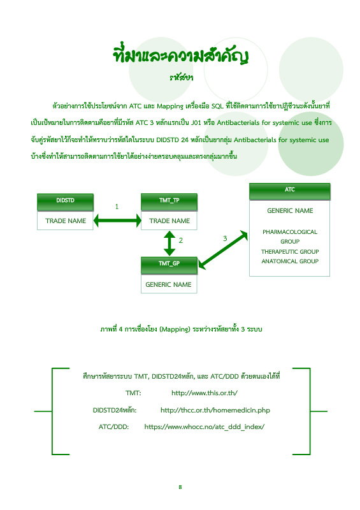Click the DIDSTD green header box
(65, 202)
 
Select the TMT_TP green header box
(169, 202)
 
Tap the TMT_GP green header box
(169, 265)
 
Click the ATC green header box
(290, 191)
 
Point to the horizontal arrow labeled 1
(117, 221)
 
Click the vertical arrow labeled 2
(169, 244)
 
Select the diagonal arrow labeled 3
(223, 250)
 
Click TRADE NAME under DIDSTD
(66, 221)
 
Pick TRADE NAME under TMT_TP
(169, 221)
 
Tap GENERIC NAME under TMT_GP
(168, 284)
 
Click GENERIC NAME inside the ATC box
(290, 211)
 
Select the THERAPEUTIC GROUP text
(290, 251)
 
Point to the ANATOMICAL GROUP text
(290, 261)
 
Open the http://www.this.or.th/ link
(205, 393)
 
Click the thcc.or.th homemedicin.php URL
(215, 410)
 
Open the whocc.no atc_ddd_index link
(205, 426)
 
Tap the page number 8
(180, 487)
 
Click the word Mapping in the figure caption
(175, 329)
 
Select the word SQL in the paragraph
(217, 106)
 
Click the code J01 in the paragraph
(196, 122)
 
